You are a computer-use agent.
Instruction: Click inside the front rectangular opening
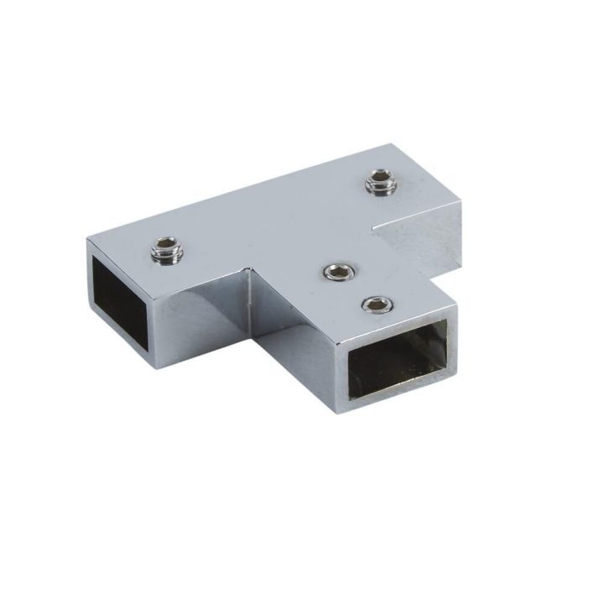pos(398,356)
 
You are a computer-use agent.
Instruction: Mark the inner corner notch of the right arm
pos(374,224)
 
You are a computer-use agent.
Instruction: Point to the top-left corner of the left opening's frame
pos(89,242)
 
